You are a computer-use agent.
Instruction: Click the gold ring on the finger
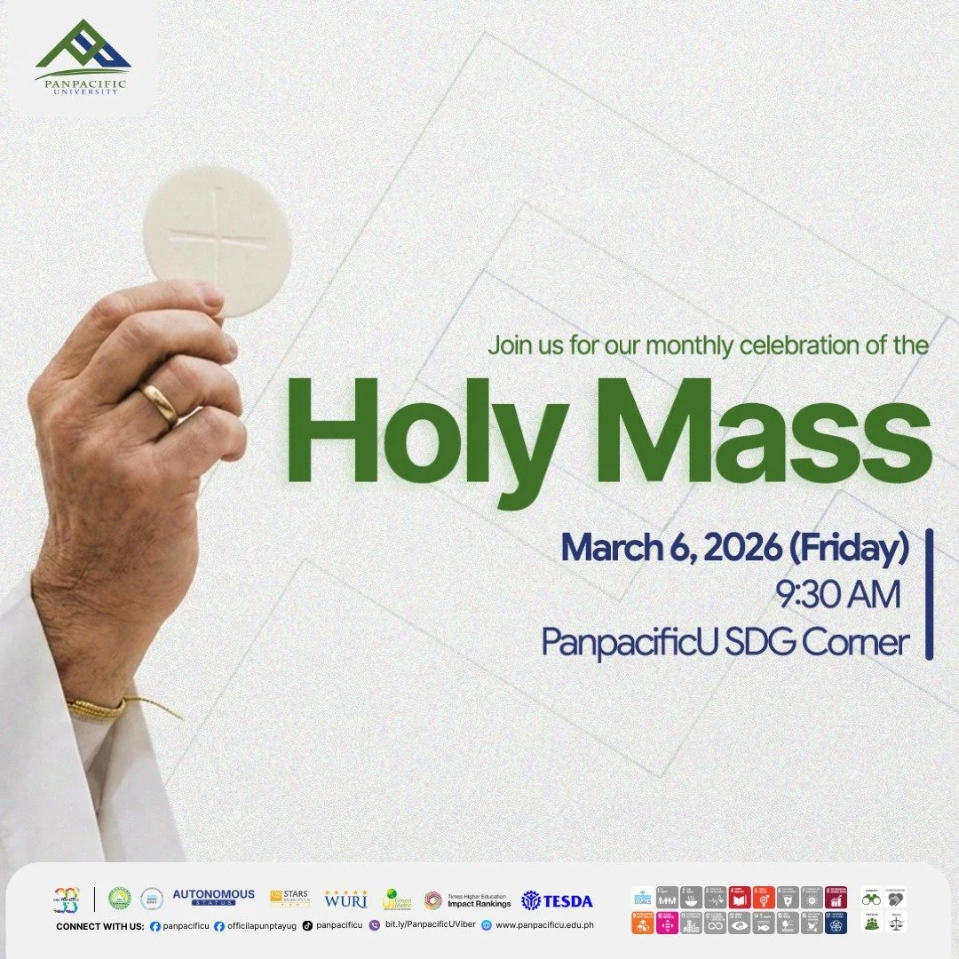(160, 405)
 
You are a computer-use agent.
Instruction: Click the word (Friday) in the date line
(848, 548)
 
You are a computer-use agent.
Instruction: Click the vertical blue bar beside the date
(929, 594)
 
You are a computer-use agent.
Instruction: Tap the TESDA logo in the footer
(557, 900)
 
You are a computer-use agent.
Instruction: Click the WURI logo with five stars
(345, 899)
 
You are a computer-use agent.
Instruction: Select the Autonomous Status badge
(213, 897)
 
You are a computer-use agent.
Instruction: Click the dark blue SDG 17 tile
(836, 923)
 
